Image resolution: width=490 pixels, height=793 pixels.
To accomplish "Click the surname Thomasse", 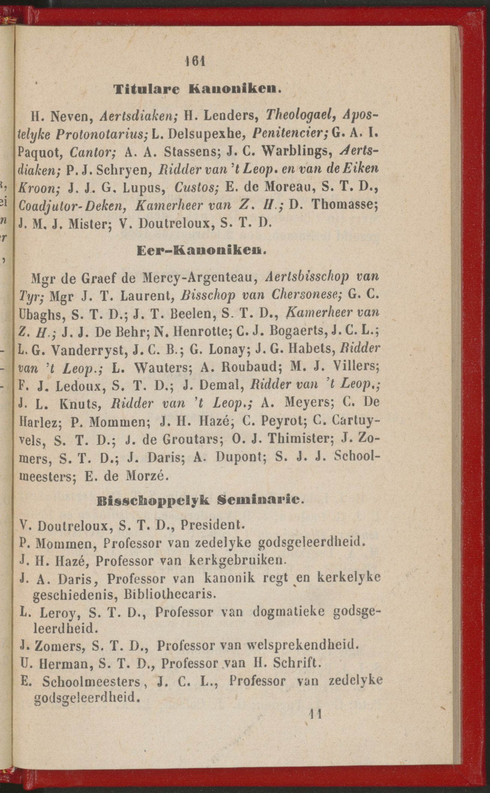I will click(x=344, y=205).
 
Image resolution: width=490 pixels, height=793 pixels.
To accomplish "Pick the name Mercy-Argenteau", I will click(x=200, y=278).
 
